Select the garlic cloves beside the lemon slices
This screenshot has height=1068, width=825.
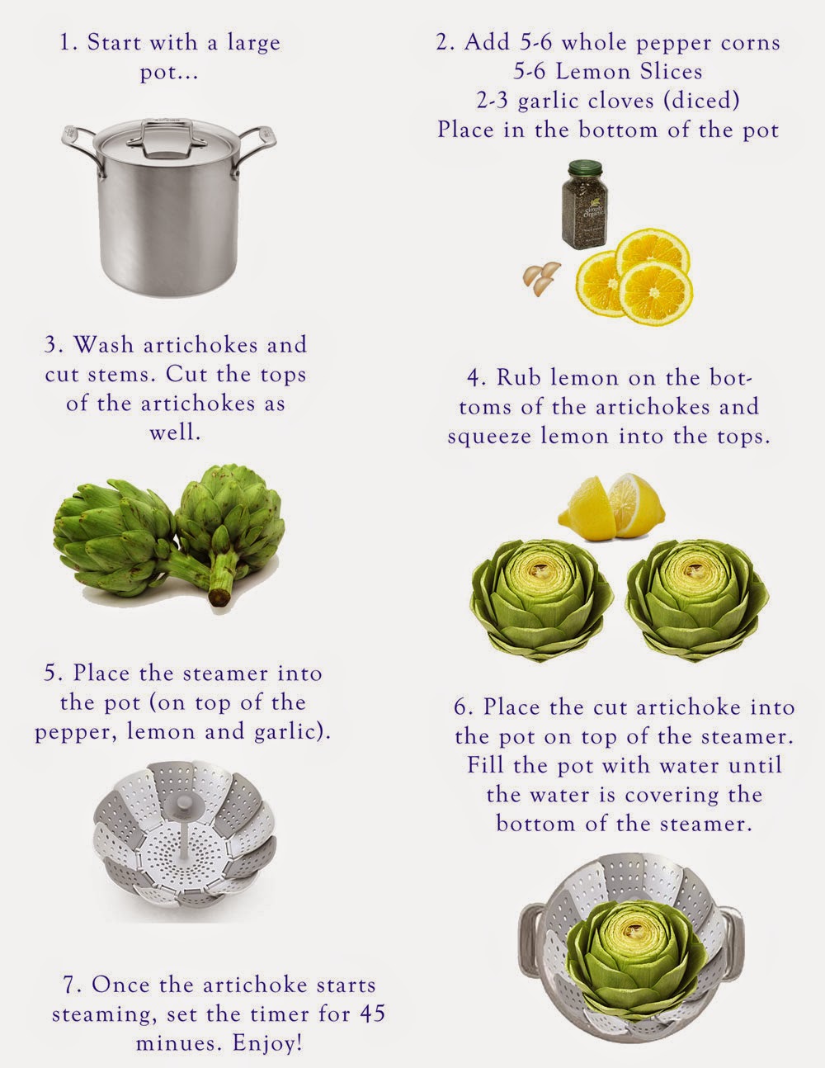coord(542,279)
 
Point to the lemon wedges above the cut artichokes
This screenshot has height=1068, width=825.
coord(611,507)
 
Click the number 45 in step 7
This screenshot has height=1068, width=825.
coord(373,1014)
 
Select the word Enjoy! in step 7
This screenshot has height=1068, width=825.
coord(267,1043)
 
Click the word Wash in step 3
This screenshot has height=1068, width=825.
coord(103,344)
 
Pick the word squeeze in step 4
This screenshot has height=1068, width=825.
coord(489,437)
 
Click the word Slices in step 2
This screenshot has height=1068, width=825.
coord(671,71)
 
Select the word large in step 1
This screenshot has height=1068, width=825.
coord(253,44)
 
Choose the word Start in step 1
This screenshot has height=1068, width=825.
coord(115,42)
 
